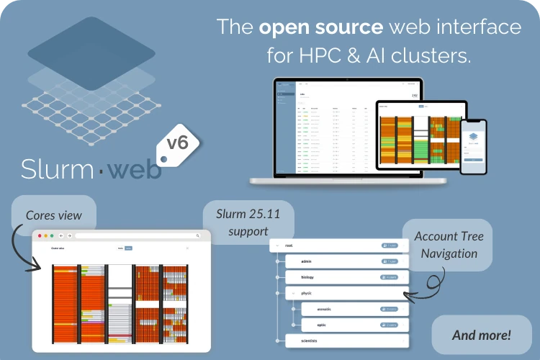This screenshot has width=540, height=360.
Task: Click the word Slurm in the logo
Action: click(x=56, y=168)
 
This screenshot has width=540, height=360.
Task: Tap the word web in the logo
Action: click(x=138, y=168)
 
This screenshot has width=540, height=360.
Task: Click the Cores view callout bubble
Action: click(x=54, y=215)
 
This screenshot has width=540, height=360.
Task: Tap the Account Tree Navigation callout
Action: click(x=449, y=245)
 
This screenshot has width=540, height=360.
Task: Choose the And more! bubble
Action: click(x=482, y=335)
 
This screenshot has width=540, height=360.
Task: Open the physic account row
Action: click(x=346, y=293)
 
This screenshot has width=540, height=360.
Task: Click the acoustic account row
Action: click(x=354, y=309)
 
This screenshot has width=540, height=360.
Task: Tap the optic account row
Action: click(x=354, y=325)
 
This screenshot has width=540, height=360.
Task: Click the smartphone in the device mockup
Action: click(x=474, y=145)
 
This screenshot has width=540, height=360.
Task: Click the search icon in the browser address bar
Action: click(x=197, y=235)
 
